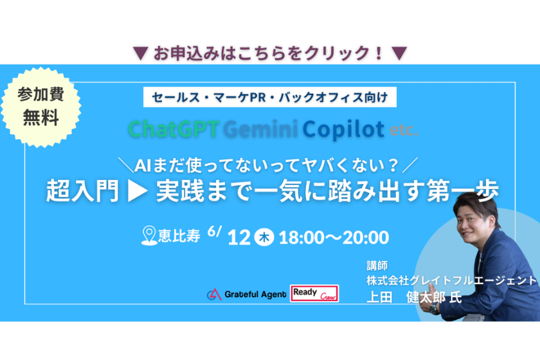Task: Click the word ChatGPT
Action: click(174, 129)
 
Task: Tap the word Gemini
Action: click(260, 129)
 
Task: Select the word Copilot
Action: click(343, 129)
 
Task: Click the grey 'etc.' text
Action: click(404, 130)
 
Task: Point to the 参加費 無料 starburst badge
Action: click(40, 107)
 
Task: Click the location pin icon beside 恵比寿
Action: click(149, 236)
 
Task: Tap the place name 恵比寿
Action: click(179, 236)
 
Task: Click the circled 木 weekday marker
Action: click(264, 237)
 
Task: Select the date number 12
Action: click(239, 238)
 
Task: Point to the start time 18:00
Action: click(301, 238)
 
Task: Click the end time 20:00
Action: click(366, 238)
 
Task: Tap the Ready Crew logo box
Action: click(314, 294)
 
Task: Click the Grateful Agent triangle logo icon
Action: click(214, 294)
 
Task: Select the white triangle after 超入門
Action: click(138, 192)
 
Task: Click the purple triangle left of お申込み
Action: click(141, 53)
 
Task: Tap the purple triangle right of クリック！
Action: click(399, 53)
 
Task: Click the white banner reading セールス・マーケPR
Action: click(269, 98)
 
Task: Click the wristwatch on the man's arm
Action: click(435, 309)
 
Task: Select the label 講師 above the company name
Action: click(377, 265)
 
